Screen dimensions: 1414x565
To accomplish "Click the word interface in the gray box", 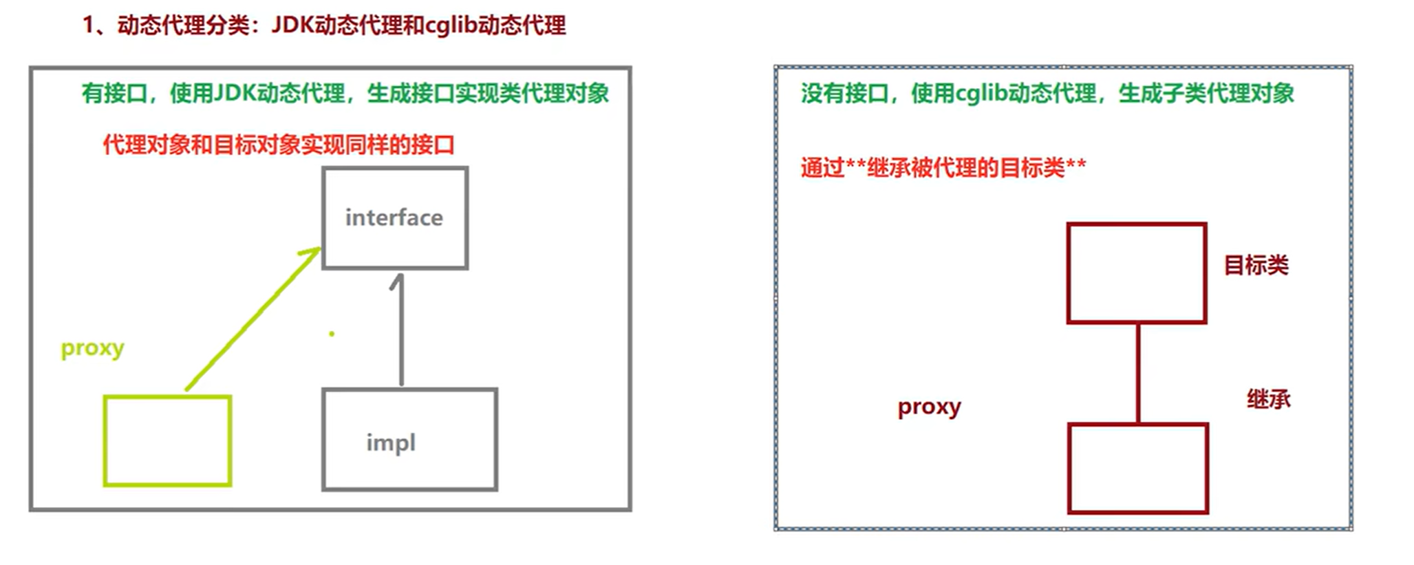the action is (394, 217).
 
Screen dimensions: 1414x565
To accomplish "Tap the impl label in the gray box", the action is (391, 443).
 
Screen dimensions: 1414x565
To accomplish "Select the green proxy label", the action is (92, 348).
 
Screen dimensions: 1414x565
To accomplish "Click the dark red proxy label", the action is (929, 407).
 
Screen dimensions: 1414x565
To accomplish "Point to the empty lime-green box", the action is (167, 441).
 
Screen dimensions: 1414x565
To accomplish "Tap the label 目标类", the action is (1256, 265).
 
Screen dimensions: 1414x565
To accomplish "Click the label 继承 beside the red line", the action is (1268, 399).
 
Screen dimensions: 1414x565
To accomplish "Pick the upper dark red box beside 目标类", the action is (1137, 273).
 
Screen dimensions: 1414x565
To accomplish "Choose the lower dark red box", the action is (1138, 469).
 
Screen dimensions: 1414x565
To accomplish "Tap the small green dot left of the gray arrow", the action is (332, 334).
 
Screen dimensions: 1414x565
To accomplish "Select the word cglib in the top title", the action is (451, 25).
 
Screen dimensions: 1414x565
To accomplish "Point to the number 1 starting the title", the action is (88, 25).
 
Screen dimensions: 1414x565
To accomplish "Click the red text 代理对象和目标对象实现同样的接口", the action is (279, 145).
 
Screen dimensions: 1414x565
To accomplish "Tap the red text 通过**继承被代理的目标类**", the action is (943, 167).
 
